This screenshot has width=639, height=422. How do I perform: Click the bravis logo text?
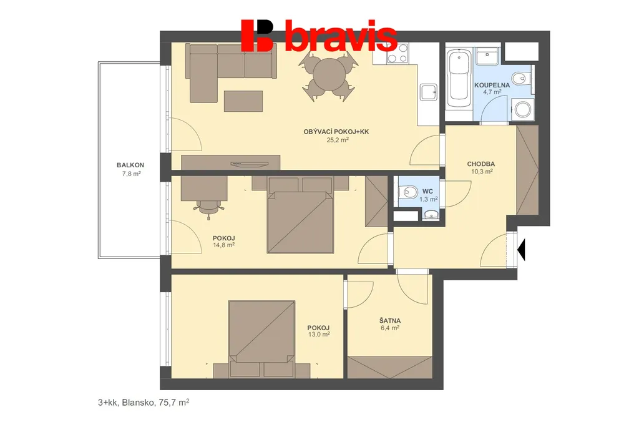click(x=341, y=36)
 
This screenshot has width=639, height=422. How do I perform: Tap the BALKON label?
click(x=130, y=165)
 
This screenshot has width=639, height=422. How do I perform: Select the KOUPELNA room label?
click(x=492, y=86)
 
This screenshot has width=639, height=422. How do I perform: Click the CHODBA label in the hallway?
click(x=481, y=164)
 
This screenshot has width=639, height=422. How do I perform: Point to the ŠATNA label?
click(x=390, y=320)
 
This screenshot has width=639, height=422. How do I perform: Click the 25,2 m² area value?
click(x=338, y=139)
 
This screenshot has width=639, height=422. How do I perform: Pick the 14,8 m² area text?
click(x=224, y=245)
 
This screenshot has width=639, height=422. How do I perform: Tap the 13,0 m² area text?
click(x=319, y=335)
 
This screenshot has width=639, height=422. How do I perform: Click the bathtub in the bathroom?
click(x=459, y=79)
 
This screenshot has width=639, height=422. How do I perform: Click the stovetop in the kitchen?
click(x=398, y=54)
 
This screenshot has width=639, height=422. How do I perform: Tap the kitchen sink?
click(x=429, y=92)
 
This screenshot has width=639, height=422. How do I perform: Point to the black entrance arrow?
click(x=521, y=249)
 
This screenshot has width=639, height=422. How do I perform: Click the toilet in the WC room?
click(x=408, y=191)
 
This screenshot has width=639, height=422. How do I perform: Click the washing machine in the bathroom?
click(x=522, y=109)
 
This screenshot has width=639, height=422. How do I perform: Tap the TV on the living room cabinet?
click(x=250, y=164)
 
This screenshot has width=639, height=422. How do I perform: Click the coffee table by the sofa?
click(x=243, y=101)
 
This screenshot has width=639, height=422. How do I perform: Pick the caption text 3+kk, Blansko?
click(x=126, y=403)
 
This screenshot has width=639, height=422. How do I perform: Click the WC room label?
click(x=428, y=191)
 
